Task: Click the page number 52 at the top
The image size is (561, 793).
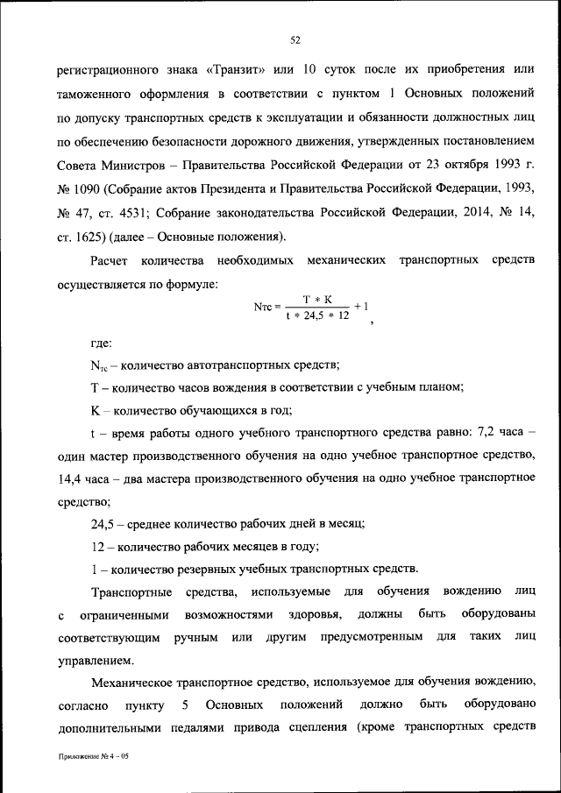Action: [295, 39]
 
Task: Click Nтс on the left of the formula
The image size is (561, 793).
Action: [262, 308]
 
